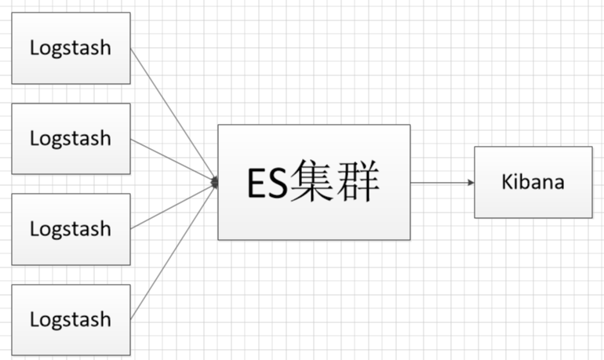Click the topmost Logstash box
pyautogui.click(x=71, y=48)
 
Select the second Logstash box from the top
pyautogui.click(x=71, y=139)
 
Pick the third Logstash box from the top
pyautogui.click(x=71, y=230)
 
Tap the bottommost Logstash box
pyautogui.click(x=71, y=320)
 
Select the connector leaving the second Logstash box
pyautogui.click(x=173, y=160)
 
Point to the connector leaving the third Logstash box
pyautogui.click(x=173, y=206)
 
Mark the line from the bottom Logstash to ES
pyautogui.click(x=173, y=252)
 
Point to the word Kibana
pyautogui.click(x=533, y=182)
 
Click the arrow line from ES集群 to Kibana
pyautogui.click(x=439, y=183)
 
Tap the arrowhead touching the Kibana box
pyautogui.click(x=471, y=183)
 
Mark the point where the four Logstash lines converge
pyautogui.click(x=215, y=183)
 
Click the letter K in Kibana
pyautogui.click(x=507, y=182)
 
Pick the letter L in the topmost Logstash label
pyautogui.click(x=34, y=48)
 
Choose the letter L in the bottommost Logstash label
pyautogui.click(x=34, y=320)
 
